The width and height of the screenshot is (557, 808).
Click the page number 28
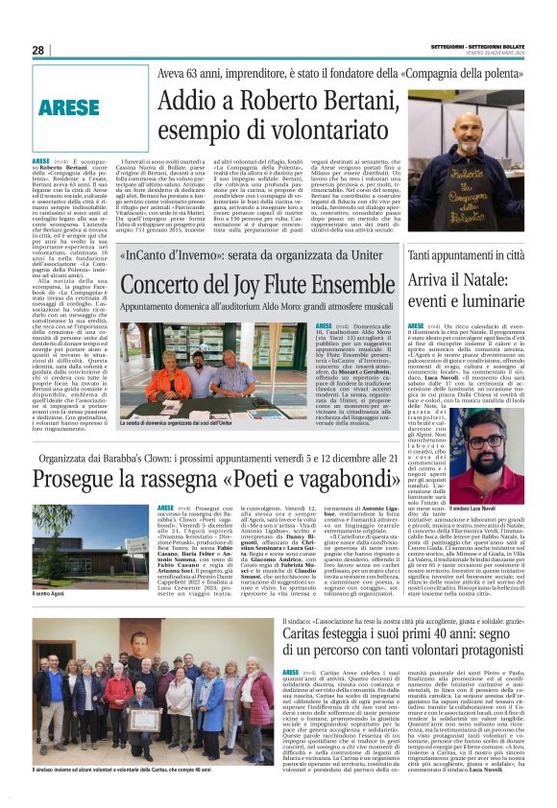pos(37,50)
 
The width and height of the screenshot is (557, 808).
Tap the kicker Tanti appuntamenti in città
pos(472,256)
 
